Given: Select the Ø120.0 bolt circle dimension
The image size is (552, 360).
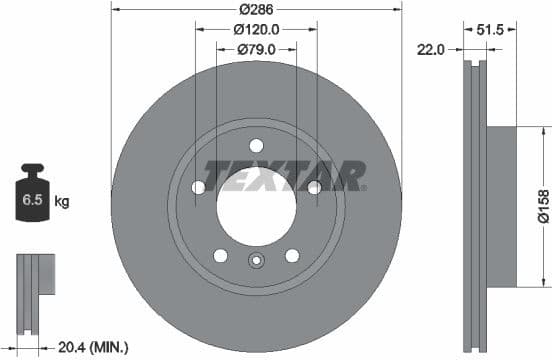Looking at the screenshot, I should click(256, 30).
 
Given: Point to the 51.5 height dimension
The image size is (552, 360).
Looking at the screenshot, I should click(490, 30).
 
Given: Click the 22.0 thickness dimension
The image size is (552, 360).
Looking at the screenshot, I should click(432, 47).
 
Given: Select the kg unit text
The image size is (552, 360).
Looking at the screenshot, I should click(61, 201).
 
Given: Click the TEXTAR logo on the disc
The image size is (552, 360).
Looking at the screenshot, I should click(284, 175).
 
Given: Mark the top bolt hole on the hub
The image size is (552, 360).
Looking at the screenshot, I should click(256, 145).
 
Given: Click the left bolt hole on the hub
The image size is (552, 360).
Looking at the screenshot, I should click(198, 188).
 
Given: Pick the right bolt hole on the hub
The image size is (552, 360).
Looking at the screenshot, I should click(314, 188).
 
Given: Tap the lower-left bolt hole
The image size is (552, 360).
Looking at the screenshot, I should click(220, 255).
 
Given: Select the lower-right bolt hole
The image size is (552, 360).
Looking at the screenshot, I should click(292, 255).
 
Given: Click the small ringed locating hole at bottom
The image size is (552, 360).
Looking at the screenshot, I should click(256, 264).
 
